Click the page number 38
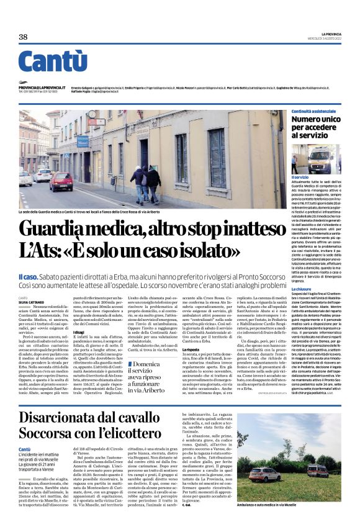click(24, 37)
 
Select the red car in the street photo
click(61, 181)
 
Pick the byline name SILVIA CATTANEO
click(31, 302)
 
